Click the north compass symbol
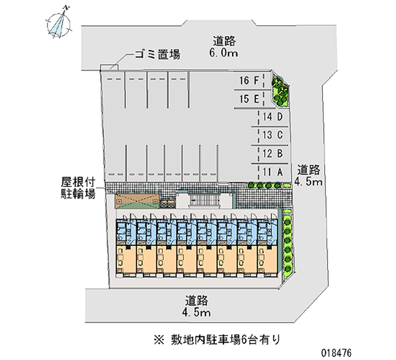[58, 24]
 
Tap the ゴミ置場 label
[157, 54]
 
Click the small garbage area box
[109, 67]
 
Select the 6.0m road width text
[224, 53]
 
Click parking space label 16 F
[249, 81]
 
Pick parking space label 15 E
[249, 99]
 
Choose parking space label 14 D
[273, 117]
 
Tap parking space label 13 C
[273, 135]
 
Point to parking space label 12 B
[273, 154]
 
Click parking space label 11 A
[273, 172]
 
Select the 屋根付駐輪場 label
[78, 188]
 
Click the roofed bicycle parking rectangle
[137, 202]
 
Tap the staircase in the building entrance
[204, 201]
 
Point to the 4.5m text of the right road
[308, 182]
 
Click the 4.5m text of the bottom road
[196, 312]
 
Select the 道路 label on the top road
[224, 41]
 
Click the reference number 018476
[336, 353]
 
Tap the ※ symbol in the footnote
[159, 340]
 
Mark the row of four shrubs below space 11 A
[264, 185]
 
